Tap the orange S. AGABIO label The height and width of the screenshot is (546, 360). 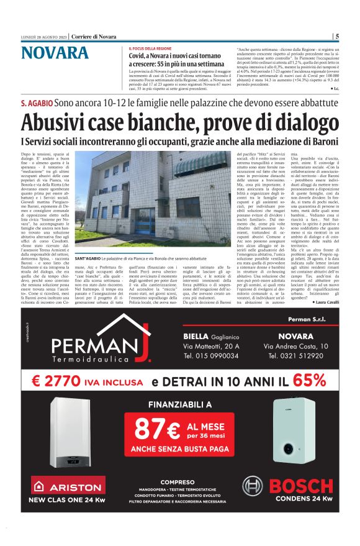[37, 102]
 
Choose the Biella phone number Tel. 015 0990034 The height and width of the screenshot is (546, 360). [211, 357]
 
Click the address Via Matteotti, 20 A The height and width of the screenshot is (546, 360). [211, 345]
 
